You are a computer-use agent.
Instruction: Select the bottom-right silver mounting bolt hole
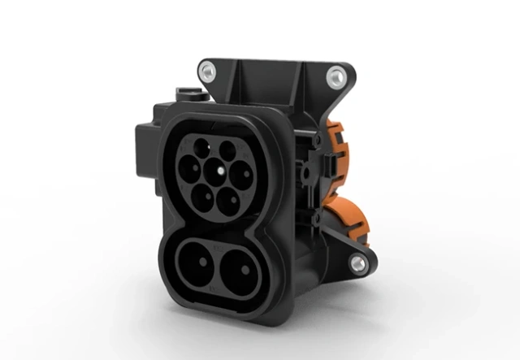(x=356, y=262)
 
